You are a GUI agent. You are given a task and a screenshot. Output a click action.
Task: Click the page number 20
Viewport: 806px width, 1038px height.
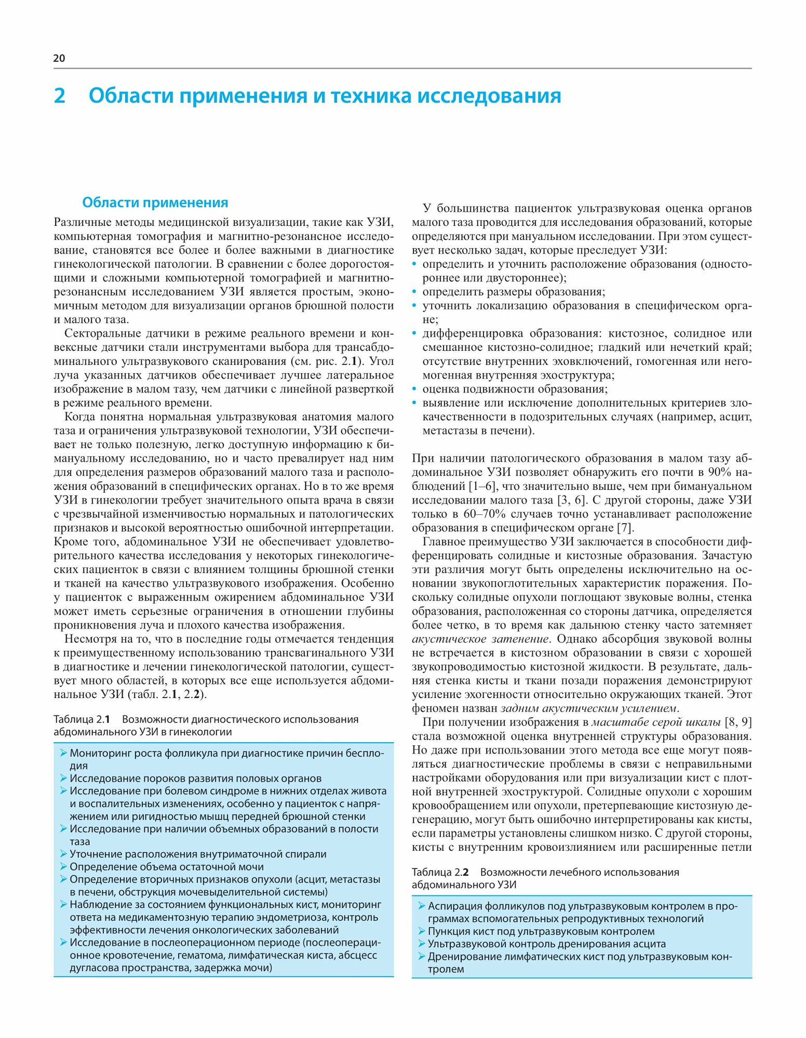pos(59,58)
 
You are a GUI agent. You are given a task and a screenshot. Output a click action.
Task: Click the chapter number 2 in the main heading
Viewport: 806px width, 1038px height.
pos(60,96)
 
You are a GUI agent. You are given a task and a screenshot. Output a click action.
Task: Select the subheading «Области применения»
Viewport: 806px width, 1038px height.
pos(155,202)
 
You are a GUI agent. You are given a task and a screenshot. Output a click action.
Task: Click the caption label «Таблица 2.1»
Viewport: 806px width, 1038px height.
pos(82,719)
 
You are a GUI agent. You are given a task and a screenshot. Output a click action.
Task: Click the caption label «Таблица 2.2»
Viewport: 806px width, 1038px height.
pos(440,872)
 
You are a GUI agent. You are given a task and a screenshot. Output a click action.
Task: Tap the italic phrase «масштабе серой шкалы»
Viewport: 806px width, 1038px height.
pos(656,722)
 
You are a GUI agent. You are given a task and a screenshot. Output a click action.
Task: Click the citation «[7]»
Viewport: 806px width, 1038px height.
pos(625,528)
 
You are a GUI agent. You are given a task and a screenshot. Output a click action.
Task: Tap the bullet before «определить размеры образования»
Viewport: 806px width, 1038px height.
pos(414,292)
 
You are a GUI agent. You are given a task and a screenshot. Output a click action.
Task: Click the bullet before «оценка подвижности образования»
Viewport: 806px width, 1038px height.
pos(414,389)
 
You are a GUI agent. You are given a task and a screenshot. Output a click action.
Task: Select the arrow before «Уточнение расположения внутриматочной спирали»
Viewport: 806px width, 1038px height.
pos(63,854)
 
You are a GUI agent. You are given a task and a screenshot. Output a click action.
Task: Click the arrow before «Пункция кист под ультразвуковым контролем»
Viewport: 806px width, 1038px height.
pos(422,932)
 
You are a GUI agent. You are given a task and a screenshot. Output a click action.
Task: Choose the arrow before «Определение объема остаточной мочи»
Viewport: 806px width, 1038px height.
pos(63,867)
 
